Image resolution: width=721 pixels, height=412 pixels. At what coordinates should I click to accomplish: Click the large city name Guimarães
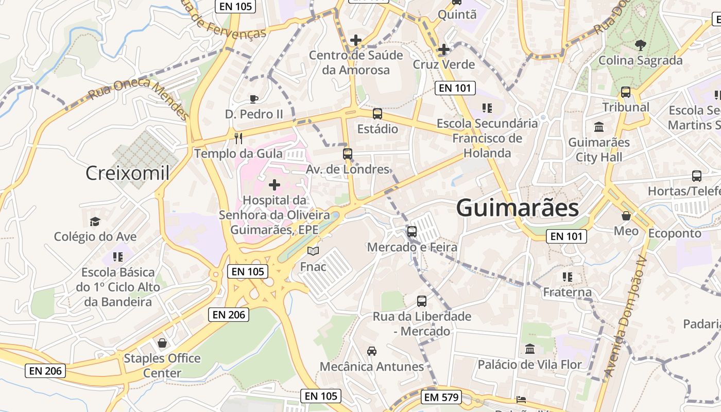pyautogui.click(x=517, y=208)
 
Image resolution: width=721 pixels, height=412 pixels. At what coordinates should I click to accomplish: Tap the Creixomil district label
pyautogui.click(x=127, y=173)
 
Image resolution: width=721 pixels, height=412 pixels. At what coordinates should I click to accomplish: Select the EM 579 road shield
pyautogui.click(x=441, y=397)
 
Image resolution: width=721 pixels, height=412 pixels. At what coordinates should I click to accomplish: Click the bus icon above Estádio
pyautogui.click(x=377, y=114)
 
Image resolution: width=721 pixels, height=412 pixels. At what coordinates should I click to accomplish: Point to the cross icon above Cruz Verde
pyautogui.click(x=443, y=49)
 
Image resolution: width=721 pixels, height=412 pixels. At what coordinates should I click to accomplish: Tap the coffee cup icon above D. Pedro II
pyautogui.click(x=253, y=99)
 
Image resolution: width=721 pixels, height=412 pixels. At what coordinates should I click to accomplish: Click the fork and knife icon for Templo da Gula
pyautogui.click(x=238, y=138)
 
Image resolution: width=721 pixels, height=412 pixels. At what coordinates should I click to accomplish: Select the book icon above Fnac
pyautogui.click(x=313, y=251)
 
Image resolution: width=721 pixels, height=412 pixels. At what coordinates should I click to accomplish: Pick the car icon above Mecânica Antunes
pyautogui.click(x=372, y=351)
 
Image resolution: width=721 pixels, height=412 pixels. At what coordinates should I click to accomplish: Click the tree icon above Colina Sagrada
pyautogui.click(x=640, y=45)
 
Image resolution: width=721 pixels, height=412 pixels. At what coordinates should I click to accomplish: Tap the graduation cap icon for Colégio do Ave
pyautogui.click(x=95, y=221)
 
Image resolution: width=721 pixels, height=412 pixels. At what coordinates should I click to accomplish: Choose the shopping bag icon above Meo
pyautogui.click(x=626, y=216)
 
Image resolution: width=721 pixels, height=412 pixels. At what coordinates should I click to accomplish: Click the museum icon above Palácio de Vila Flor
pyautogui.click(x=530, y=349)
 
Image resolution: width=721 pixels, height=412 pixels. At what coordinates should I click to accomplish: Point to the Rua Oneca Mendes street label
pyautogui.click(x=138, y=98)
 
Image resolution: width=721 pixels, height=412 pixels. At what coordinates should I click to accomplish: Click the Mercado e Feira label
pyautogui.click(x=412, y=247)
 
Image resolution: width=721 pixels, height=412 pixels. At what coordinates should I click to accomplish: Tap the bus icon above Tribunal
pyautogui.click(x=626, y=92)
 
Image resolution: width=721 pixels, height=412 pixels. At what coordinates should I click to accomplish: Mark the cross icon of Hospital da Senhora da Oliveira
pyautogui.click(x=274, y=184)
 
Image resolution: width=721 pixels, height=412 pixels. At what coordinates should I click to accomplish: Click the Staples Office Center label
pyautogui.click(x=162, y=365)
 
